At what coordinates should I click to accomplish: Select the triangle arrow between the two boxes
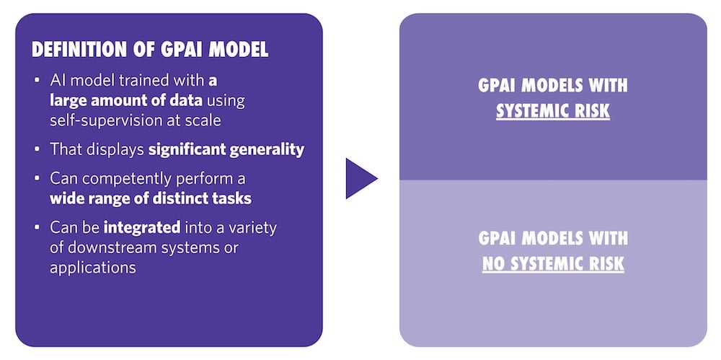click(360, 178)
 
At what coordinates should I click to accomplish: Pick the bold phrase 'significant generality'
click(226, 149)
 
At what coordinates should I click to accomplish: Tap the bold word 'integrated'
click(141, 228)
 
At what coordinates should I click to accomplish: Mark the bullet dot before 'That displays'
click(37, 150)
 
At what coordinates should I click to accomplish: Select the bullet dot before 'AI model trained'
click(37, 81)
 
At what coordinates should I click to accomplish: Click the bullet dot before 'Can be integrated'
click(37, 229)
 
